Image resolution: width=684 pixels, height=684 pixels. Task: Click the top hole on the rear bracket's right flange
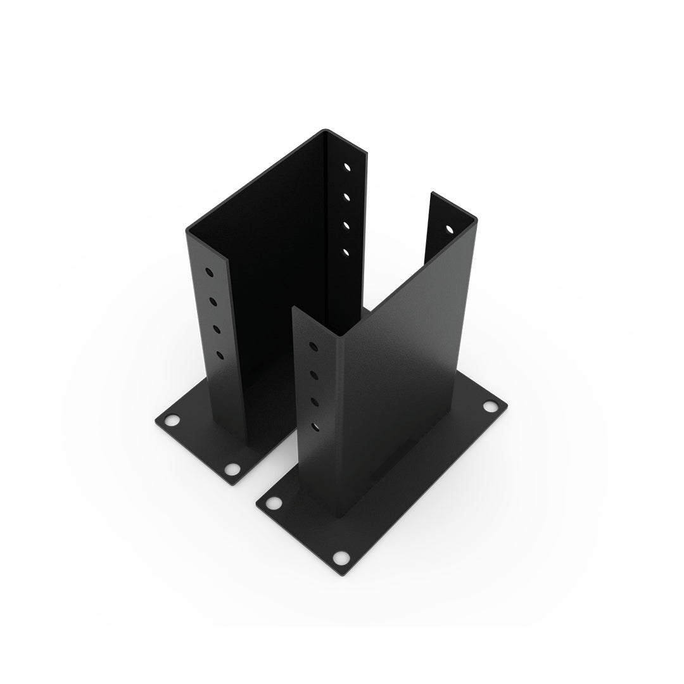click(x=348, y=168)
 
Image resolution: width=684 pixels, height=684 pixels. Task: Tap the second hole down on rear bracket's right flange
click(x=347, y=197)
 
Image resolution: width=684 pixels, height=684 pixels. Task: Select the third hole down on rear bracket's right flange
click(x=346, y=225)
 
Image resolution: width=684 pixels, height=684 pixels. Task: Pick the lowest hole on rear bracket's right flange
click(x=346, y=252)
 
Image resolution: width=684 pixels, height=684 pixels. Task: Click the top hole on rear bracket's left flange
click(x=210, y=273)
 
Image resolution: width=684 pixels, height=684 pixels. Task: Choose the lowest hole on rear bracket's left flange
click(x=219, y=355)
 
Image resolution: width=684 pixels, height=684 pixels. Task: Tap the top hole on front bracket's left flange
click(x=312, y=346)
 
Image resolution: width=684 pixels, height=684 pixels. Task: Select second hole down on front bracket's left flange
click(x=314, y=375)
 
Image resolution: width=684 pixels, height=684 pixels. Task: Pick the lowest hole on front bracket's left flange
click(x=315, y=428)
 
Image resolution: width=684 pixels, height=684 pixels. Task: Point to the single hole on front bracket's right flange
click(x=449, y=229)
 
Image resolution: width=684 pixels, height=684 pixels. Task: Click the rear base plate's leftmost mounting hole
click(x=170, y=420)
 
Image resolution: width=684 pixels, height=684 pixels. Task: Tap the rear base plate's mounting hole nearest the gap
click(x=232, y=469)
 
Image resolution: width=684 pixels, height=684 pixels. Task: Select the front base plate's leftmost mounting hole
click(x=274, y=503)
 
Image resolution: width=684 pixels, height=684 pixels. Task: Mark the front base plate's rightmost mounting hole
click(x=490, y=406)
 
